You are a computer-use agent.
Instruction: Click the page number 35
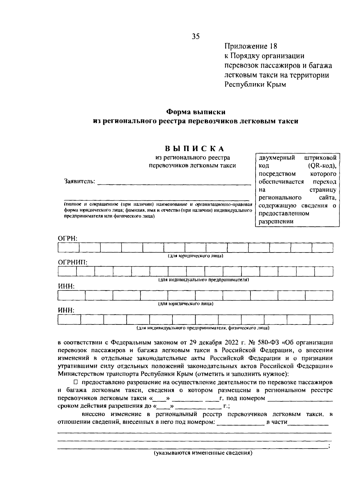[196, 37]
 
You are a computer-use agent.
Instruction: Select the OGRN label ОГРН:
[67, 238]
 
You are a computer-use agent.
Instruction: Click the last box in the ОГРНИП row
[324, 272]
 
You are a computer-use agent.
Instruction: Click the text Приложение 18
[251, 46]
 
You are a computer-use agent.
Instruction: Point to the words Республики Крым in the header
[255, 85]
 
